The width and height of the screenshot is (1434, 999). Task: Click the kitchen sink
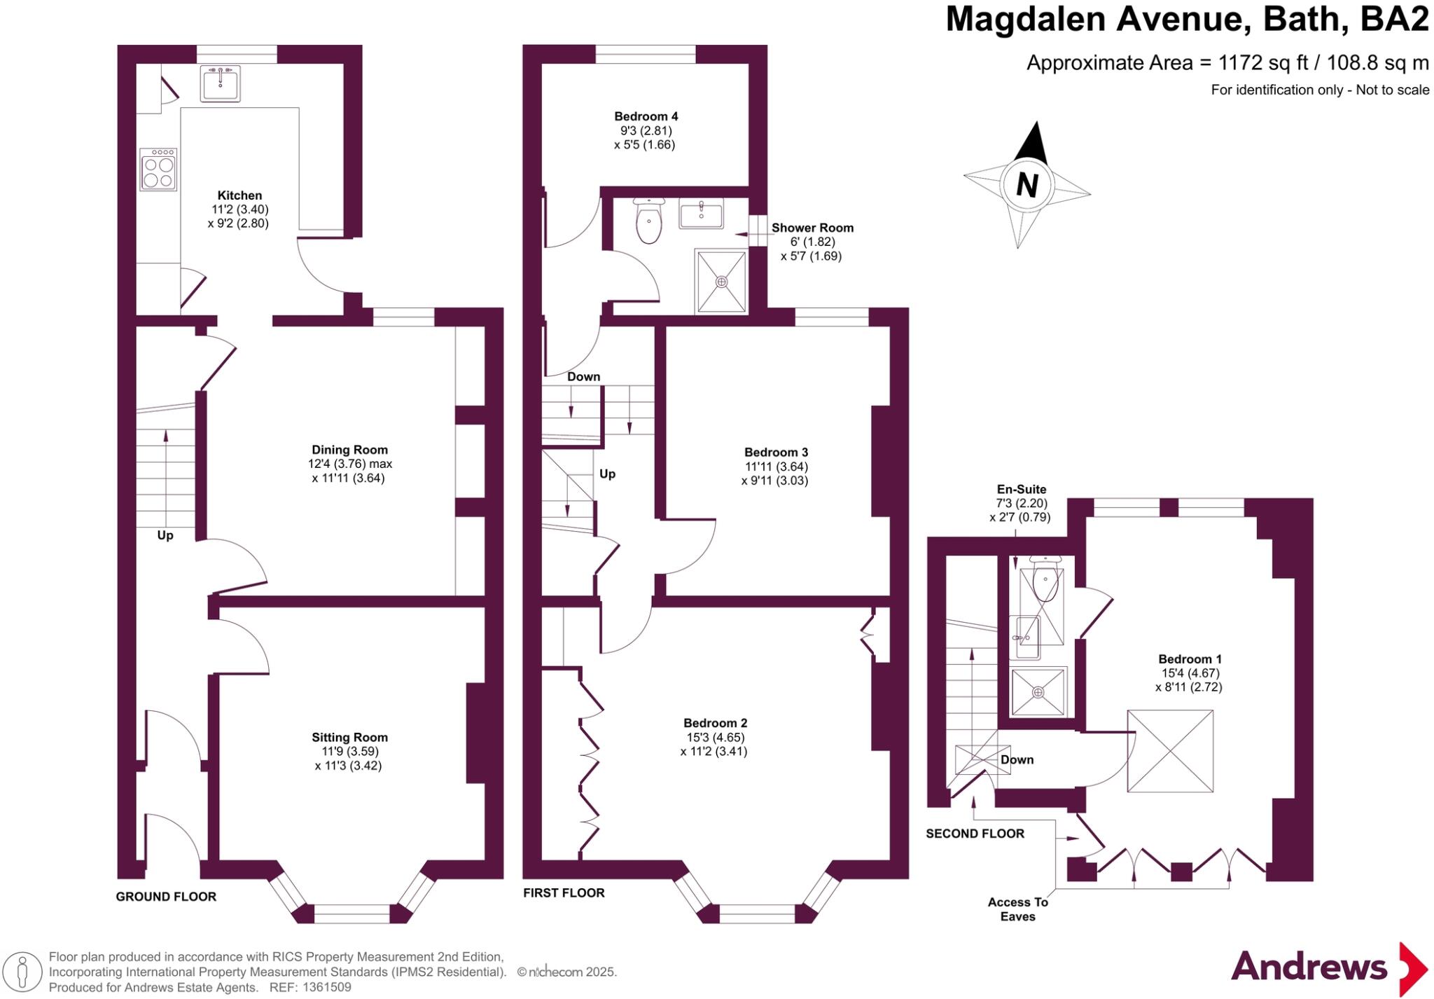(x=220, y=83)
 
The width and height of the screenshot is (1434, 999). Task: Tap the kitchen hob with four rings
(x=158, y=170)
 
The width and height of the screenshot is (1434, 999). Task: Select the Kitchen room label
(x=239, y=195)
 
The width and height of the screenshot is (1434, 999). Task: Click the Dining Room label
(x=349, y=450)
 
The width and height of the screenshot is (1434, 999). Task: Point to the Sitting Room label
(x=349, y=737)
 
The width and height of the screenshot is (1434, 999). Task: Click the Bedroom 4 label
(x=646, y=116)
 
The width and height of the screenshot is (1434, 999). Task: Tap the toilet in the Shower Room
(x=649, y=221)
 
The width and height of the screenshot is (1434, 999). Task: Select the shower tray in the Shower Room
(x=721, y=281)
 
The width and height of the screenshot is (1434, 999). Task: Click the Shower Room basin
(x=701, y=212)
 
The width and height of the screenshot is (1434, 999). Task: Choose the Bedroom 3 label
(x=775, y=453)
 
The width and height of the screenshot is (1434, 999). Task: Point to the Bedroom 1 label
(x=1190, y=659)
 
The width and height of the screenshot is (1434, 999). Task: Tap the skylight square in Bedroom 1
(x=1170, y=751)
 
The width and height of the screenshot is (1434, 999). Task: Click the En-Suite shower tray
(x=1038, y=692)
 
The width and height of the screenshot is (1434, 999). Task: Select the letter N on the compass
(x=1026, y=186)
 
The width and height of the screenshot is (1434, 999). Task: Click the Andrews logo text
(x=1309, y=967)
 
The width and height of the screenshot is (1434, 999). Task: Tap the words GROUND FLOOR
(x=166, y=897)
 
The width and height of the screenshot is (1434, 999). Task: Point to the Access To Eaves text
(x=1017, y=909)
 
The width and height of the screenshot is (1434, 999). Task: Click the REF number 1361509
(x=326, y=987)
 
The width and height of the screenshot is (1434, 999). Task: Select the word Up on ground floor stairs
(x=165, y=535)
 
